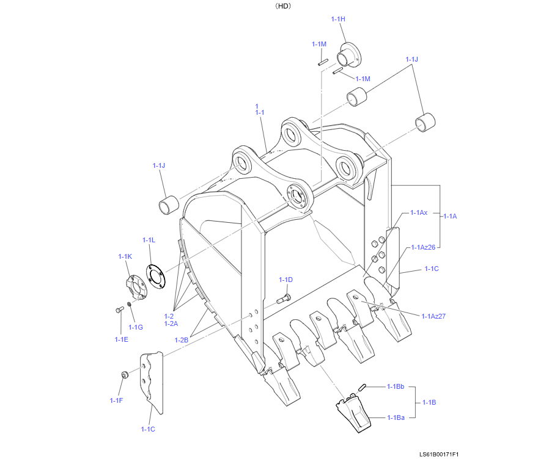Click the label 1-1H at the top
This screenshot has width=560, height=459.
point(338,20)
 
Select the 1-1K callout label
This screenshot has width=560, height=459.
point(125,256)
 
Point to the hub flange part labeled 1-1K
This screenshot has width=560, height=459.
point(136,287)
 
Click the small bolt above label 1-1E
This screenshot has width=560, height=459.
point(119,309)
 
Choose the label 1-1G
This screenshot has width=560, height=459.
point(136,327)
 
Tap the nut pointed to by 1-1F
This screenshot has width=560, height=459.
point(125,375)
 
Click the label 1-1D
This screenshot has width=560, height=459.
point(286,280)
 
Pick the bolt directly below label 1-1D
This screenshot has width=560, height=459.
point(284,299)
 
